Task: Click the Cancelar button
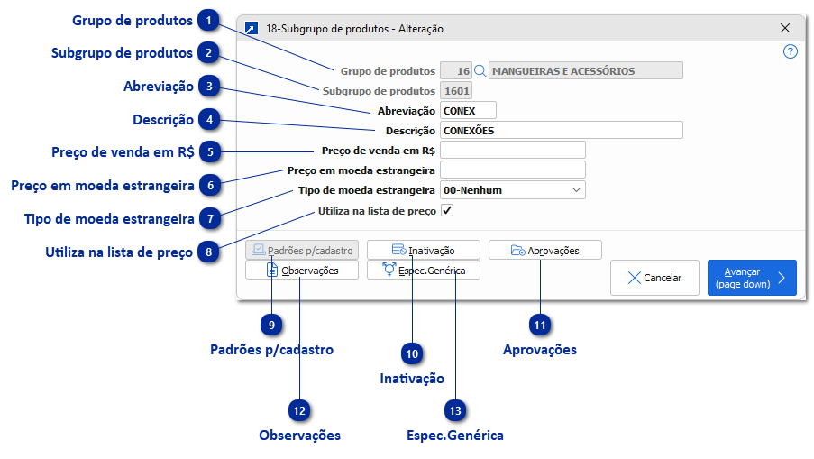[654, 278]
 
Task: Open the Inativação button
[423, 250]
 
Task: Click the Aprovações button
[544, 250]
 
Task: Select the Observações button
[302, 270]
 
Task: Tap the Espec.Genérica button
[423, 270]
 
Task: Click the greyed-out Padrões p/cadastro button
[302, 250]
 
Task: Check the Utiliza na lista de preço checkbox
[447, 210]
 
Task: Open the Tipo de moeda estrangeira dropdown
[512, 190]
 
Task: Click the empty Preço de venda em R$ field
[512, 150]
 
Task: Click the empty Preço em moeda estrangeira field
[512, 170]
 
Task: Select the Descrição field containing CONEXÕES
[560, 130]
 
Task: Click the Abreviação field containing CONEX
[467, 110]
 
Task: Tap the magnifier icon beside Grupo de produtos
[480, 70]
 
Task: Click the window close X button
[784, 28]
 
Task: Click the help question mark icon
[791, 51]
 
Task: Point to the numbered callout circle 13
[456, 410]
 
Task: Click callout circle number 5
[209, 151]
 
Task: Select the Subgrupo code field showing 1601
[455, 90]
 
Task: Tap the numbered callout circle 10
[413, 354]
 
